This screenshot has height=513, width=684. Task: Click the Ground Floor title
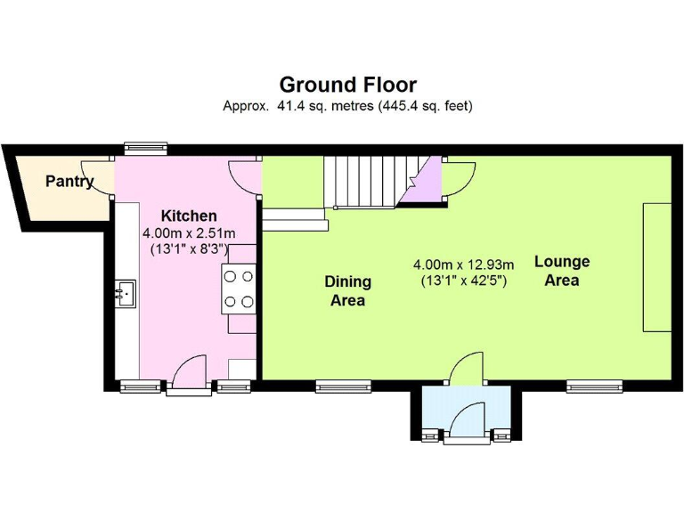[347, 85]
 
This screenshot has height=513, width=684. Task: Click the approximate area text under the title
[347, 106]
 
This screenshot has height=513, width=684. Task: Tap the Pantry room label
[69, 182]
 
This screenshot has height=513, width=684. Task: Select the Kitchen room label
[188, 216]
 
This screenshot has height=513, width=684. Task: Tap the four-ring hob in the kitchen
[239, 289]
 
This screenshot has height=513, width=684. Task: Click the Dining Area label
[348, 291]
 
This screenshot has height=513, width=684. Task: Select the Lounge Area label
[562, 271]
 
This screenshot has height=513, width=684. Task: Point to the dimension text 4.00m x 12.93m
[463, 273]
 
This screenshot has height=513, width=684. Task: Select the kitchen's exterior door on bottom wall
[189, 373]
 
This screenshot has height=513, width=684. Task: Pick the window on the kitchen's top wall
[146, 149]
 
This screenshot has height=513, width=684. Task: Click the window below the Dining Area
[343, 386]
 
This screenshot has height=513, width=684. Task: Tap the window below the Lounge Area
[594, 386]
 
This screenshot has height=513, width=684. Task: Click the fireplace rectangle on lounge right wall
[657, 267]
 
